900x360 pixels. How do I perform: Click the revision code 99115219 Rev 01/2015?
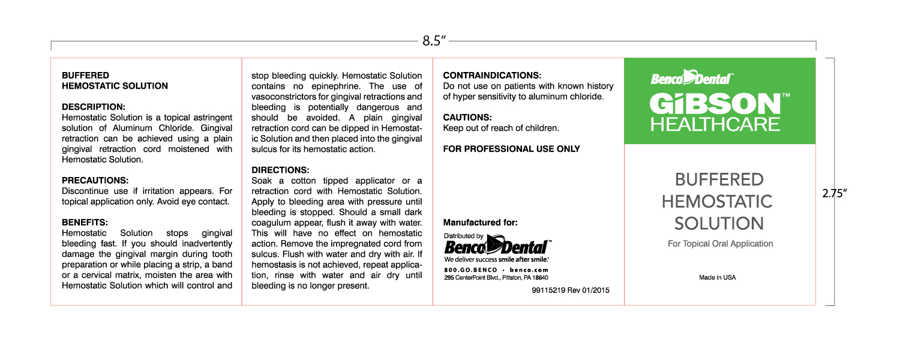pos(570,290)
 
